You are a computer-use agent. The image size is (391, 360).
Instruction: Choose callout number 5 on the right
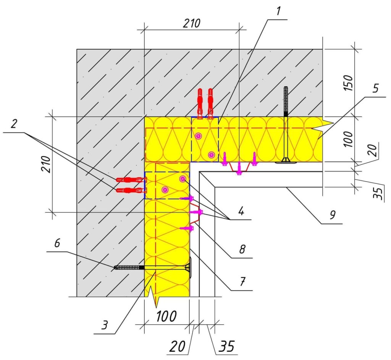coord(376,89)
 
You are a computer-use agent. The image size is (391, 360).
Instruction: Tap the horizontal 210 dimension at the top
coord(191,23)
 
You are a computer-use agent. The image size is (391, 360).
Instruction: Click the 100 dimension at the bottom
coord(166,316)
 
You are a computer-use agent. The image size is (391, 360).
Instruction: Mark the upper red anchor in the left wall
coord(129,179)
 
